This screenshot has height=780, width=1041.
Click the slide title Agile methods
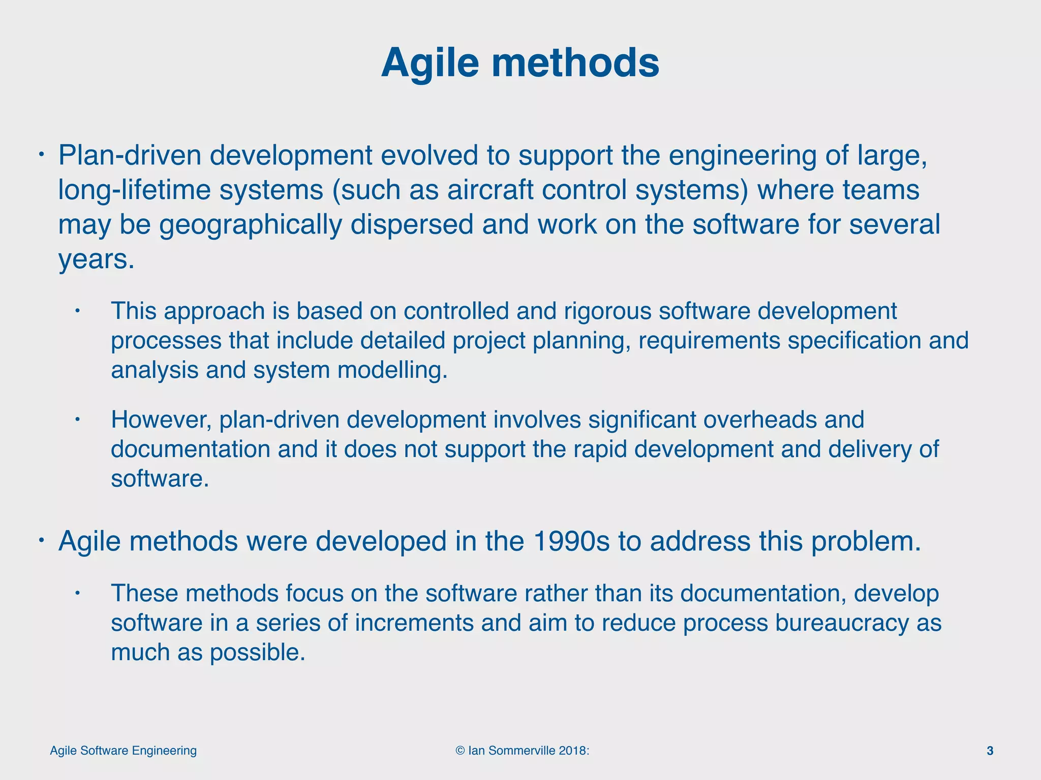pyautogui.click(x=520, y=63)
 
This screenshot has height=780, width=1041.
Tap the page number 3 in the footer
pyautogui.click(x=990, y=751)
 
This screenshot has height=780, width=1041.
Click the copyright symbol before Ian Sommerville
pyautogui.click(x=460, y=751)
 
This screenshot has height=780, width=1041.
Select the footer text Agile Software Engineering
pyautogui.click(x=123, y=751)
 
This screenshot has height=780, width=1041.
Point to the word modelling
pyautogui.click(x=392, y=370)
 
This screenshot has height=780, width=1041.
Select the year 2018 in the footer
pyautogui.click(x=572, y=751)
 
